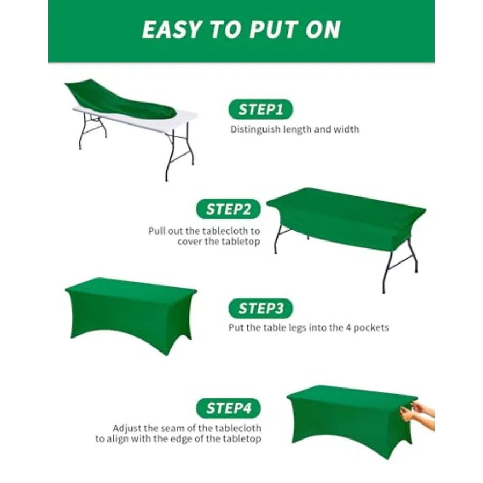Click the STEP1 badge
261,109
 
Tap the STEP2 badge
228,209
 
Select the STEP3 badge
261,309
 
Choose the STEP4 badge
228,408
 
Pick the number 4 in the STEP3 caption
348,327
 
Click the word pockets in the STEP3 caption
371,327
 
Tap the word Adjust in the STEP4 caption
127,428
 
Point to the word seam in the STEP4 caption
174,429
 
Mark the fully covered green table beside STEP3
131,316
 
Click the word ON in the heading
323,30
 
